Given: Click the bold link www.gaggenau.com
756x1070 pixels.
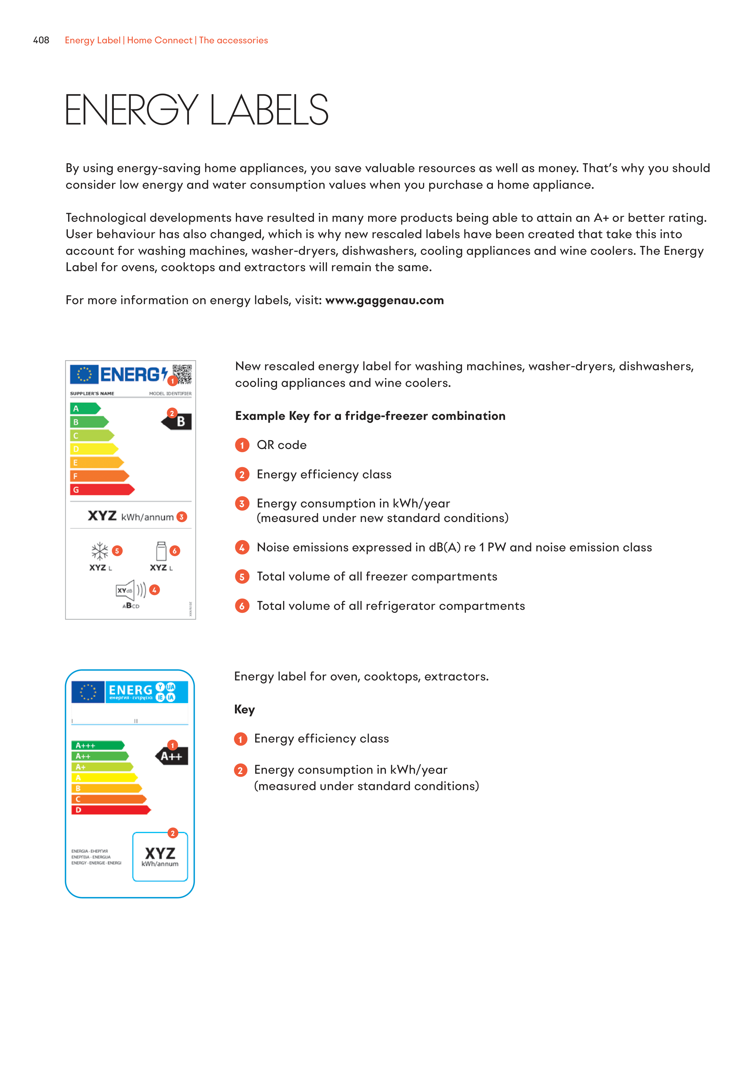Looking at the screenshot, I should click(x=384, y=301).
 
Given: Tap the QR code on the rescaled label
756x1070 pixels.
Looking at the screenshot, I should click(x=182, y=374).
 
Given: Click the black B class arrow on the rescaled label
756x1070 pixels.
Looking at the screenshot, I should click(x=177, y=422).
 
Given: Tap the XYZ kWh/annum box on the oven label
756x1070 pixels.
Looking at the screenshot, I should click(x=160, y=856).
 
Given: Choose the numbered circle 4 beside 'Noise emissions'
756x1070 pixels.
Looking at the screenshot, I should click(x=242, y=548).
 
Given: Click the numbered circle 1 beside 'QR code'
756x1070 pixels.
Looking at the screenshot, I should click(x=242, y=446).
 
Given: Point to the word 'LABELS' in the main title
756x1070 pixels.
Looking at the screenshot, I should click(x=269, y=111).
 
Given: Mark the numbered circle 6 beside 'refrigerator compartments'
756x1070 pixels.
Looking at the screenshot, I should click(x=242, y=606).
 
